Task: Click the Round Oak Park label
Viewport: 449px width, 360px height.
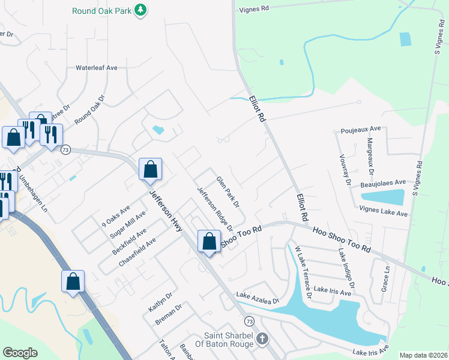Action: (102, 11)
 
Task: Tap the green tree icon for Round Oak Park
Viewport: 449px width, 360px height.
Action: (140, 10)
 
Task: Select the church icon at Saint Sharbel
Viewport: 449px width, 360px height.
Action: (262, 339)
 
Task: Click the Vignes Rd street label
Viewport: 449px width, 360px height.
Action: (255, 9)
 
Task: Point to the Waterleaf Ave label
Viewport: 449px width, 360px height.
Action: (96, 68)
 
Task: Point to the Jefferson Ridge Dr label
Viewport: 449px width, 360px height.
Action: (215, 209)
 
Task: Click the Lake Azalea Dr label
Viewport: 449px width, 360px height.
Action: (258, 298)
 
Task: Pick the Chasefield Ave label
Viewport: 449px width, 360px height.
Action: (137, 252)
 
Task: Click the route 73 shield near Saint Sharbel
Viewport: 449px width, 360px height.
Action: (249, 322)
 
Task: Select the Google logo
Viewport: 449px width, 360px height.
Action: (20, 353)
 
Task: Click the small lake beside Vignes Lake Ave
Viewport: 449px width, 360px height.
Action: (382, 197)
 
